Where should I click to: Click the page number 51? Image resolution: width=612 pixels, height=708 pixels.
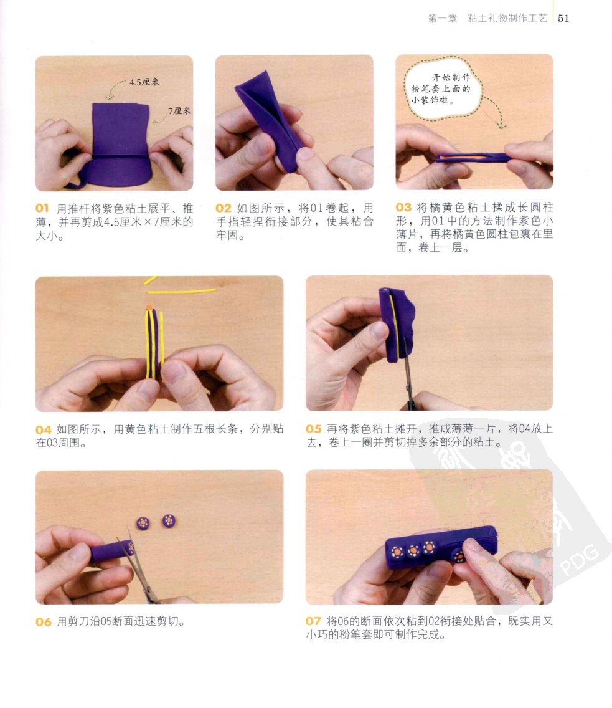coord(563,19)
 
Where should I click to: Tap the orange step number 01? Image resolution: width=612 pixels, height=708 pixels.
coord(42,208)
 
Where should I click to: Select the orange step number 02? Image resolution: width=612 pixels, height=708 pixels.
coord(224,208)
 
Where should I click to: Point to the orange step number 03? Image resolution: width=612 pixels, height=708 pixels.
coord(403,208)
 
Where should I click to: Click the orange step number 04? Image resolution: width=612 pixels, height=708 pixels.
coord(44,429)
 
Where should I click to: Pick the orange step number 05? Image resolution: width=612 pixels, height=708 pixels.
coord(313,429)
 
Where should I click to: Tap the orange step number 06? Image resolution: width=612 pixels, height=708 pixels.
coord(44,622)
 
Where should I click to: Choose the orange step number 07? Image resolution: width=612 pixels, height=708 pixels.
coord(313,621)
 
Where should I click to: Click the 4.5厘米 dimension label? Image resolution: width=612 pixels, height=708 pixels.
coord(144,82)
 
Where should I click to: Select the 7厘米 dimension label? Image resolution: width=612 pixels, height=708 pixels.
coord(179,111)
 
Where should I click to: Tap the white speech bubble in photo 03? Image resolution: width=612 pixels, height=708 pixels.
coord(442,88)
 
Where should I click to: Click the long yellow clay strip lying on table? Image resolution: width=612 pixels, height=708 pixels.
coord(181,291)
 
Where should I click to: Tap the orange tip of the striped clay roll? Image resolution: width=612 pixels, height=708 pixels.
coord(149,307)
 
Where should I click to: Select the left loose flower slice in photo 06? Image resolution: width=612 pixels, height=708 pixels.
coord(143,523)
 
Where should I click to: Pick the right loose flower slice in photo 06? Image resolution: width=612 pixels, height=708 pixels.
coord(169,520)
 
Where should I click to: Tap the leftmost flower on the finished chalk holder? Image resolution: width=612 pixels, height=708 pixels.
coord(397,552)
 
